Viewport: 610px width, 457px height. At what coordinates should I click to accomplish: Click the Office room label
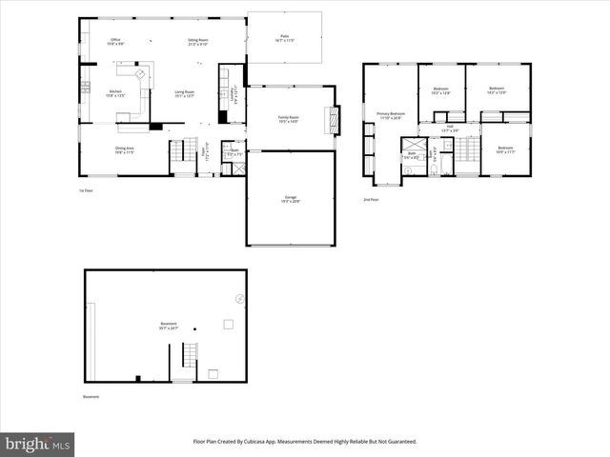pyautogui.click(x=114, y=42)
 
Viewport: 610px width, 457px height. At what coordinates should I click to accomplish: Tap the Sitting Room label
pyautogui.click(x=197, y=42)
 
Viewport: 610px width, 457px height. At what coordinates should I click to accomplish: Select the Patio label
pyautogui.click(x=284, y=38)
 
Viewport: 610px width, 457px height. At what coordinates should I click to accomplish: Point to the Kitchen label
pyautogui.click(x=115, y=93)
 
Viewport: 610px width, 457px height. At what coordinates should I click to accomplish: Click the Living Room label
pyautogui.click(x=184, y=93)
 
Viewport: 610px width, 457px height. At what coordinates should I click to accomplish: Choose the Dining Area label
pyautogui.click(x=124, y=150)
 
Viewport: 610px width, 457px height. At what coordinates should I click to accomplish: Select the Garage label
pyautogui.click(x=289, y=200)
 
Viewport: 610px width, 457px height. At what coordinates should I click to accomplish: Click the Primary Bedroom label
pyautogui.click(x=391, y=115)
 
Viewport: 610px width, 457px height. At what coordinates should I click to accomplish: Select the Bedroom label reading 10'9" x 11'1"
pyautogui.click(x=504, y=149)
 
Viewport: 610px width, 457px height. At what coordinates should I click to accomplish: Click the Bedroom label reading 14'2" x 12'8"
pyautogui.click(x=497, y=90)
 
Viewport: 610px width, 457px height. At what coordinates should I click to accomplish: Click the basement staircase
pyautogui.click(x=188, y=358)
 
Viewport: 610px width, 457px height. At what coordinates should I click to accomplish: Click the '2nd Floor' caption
pyautogui.click(x=370, y=200)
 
